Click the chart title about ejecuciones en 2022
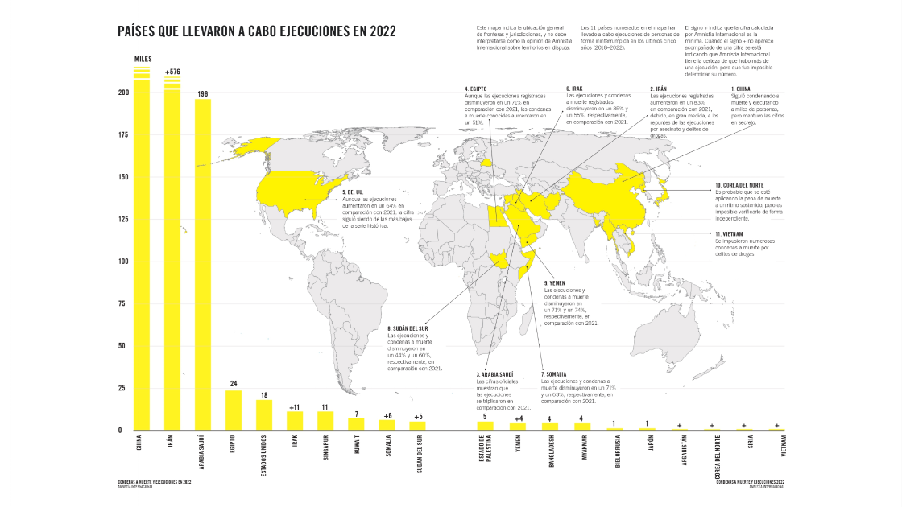click(x=256, y=31)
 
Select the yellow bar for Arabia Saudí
click(x=203, y=266)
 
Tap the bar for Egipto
click(x=234, y=410)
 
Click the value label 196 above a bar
click(x=203, y=94)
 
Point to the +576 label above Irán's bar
click(x=172, y=72)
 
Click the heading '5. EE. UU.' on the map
click(x=354, y=192)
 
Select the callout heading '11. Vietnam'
click(x=733, y=233)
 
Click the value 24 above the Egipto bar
click(x=234, y=384)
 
